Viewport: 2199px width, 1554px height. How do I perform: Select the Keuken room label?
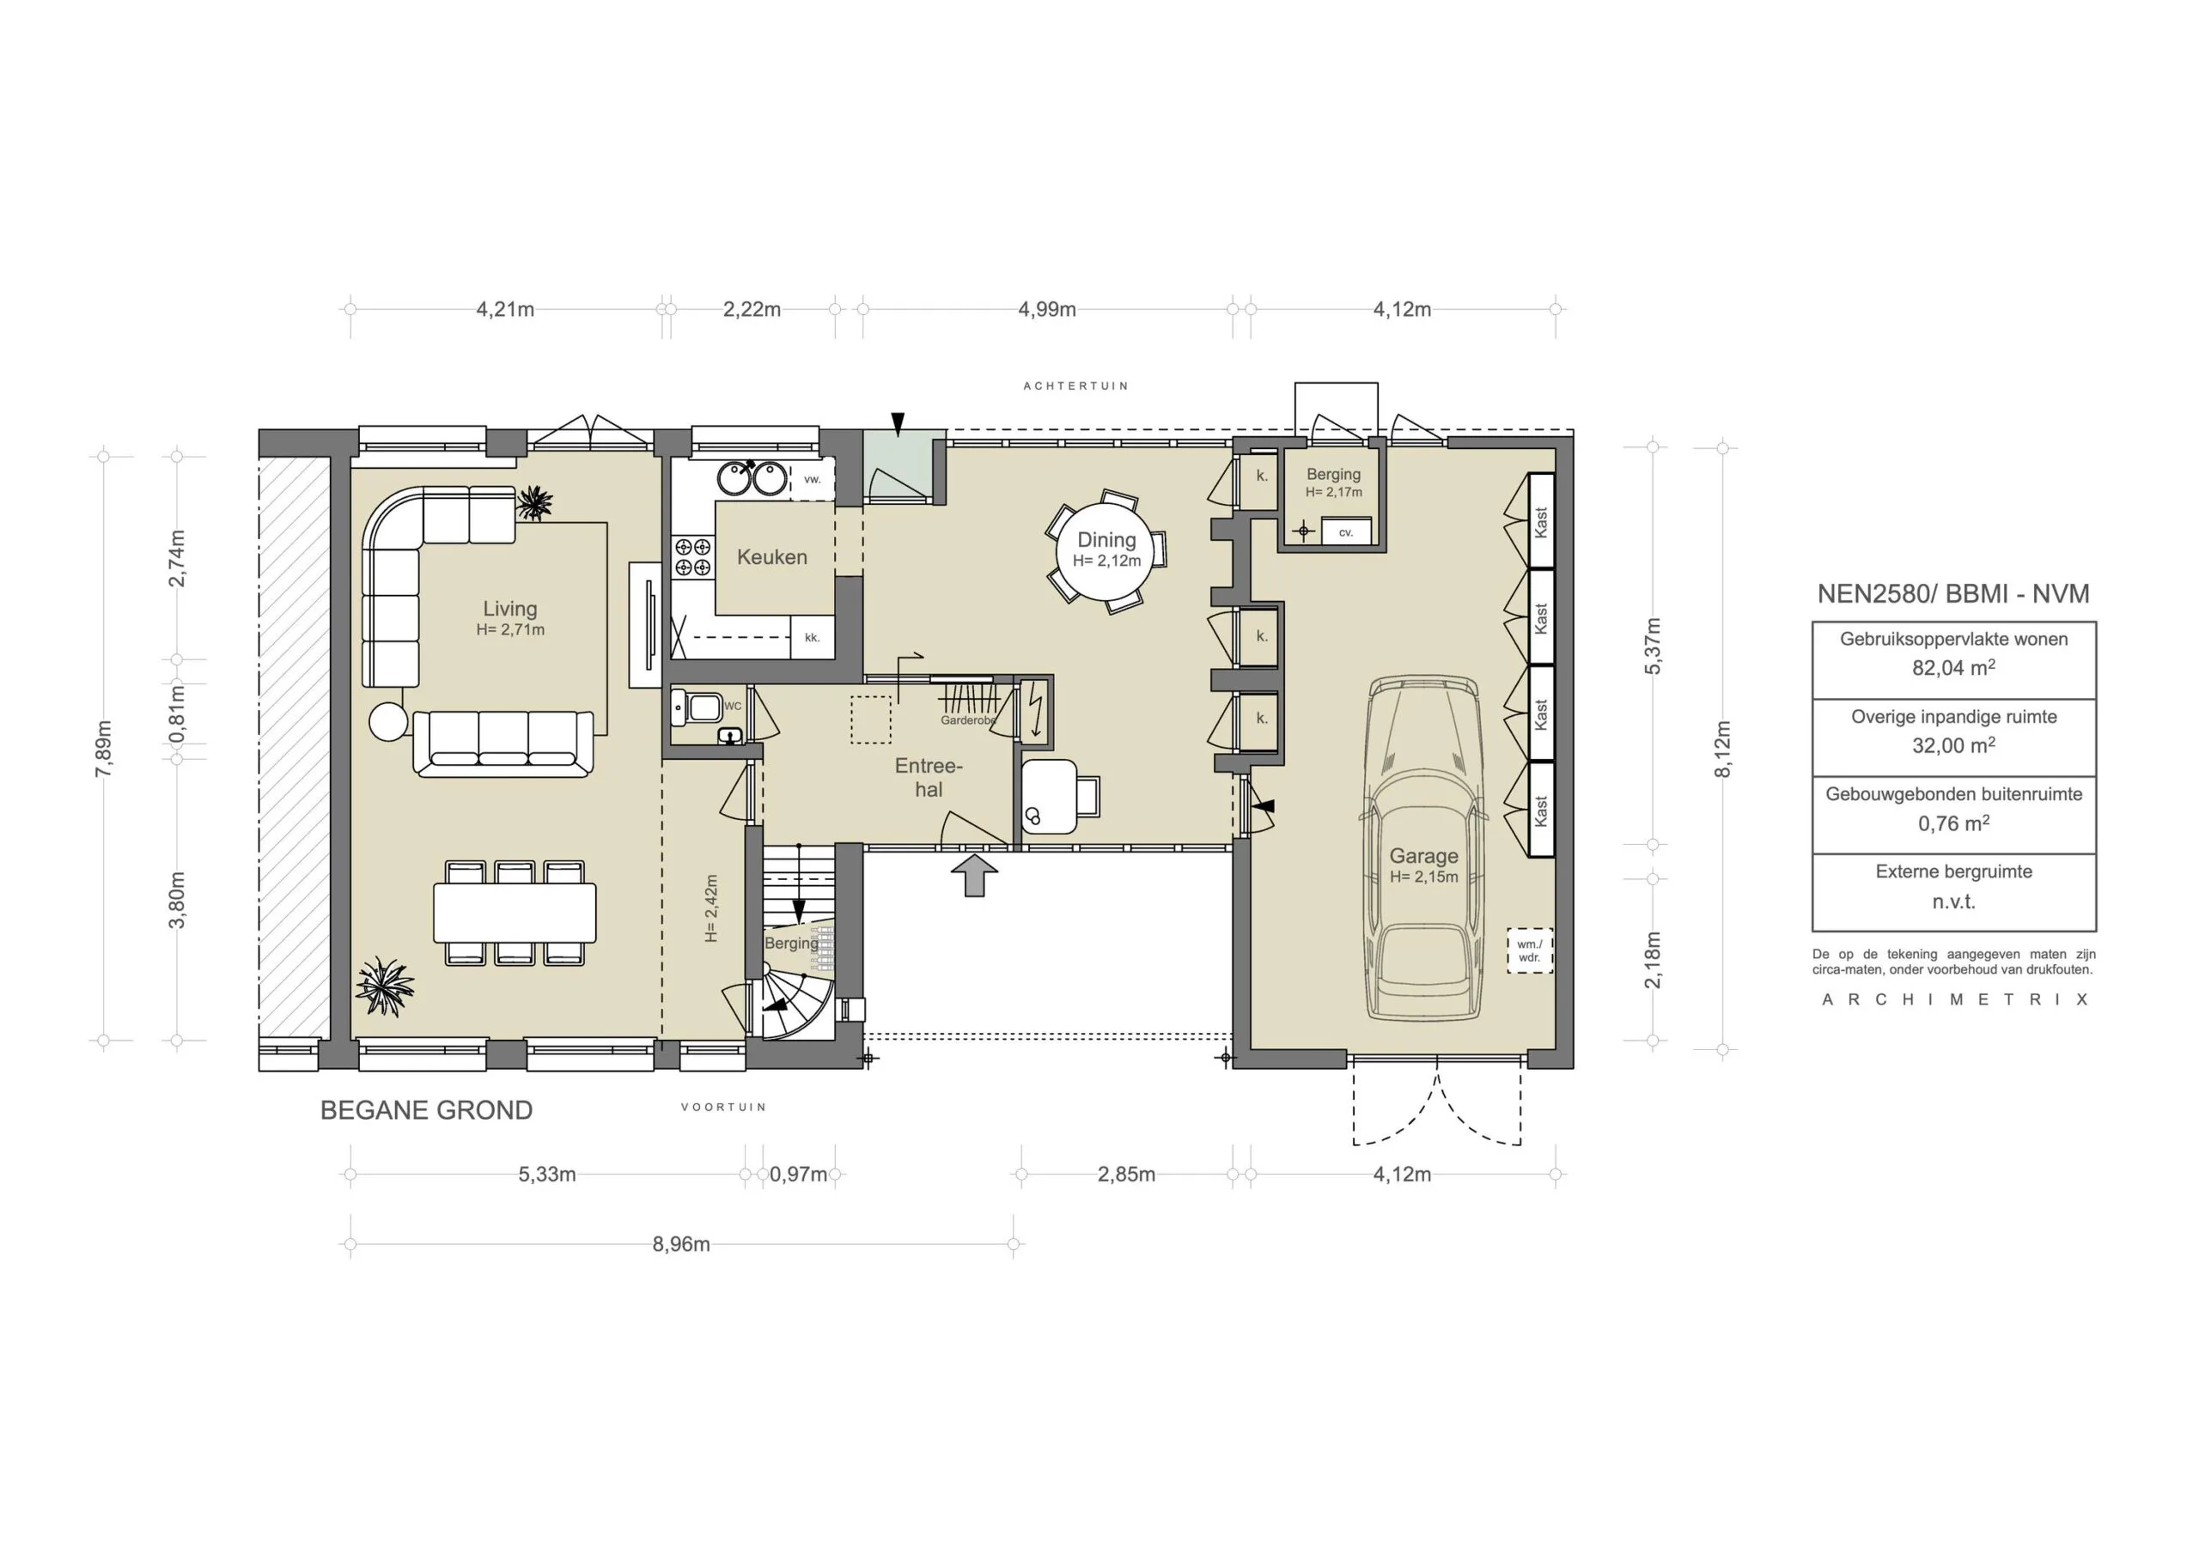[x=772, y=557]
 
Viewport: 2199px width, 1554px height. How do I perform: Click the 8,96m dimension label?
[x=681, y=1245]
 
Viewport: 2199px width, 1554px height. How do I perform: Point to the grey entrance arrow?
[x=975, y=875]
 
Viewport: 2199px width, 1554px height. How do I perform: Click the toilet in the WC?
[x=697, y=707]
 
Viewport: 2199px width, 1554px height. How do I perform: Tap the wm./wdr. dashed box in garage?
[x=1530, y=950]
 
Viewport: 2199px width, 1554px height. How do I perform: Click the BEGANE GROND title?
[x=426, y=1111]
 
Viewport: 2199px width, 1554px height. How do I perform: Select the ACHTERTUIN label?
[x=1075, y=385]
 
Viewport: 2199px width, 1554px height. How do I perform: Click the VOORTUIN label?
[x=723, y=1107]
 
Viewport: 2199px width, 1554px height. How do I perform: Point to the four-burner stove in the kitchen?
[x=692, y=557]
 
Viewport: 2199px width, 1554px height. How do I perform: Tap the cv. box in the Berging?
[x=1346, y=531]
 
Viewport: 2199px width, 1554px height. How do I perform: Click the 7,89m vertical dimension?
[x=103, y=749]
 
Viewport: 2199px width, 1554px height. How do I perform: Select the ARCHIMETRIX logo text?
[x=1954, y=999]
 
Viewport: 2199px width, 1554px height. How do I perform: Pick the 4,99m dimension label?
[x=1047, y=309]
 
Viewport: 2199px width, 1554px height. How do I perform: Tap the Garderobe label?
[x=968, y=720]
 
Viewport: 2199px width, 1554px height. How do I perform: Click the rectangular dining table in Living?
[x=515, y=913]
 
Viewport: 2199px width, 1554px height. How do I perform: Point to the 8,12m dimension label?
[x=1722, y=749]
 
